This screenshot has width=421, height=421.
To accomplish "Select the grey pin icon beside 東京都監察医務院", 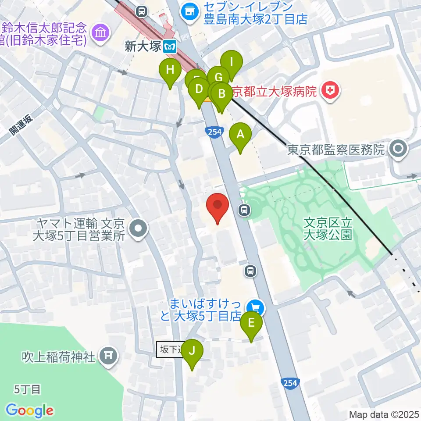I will [398, 149].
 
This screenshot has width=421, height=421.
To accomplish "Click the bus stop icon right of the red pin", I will [244, 211].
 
